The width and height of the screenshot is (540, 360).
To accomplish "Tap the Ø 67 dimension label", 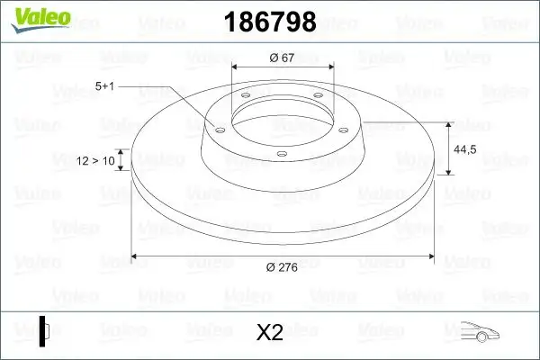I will tap(283, 58).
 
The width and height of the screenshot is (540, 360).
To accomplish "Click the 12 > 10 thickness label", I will tap(96, 161).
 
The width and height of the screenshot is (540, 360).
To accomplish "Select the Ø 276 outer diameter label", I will tap(283, 266).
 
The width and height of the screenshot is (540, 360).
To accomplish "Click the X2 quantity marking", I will tap(269, 332).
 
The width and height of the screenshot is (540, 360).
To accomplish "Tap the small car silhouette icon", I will tap(479, 332).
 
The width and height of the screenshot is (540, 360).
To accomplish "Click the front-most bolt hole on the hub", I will tap(281, 154).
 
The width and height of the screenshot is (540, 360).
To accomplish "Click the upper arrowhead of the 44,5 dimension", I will tap(449, 124).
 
